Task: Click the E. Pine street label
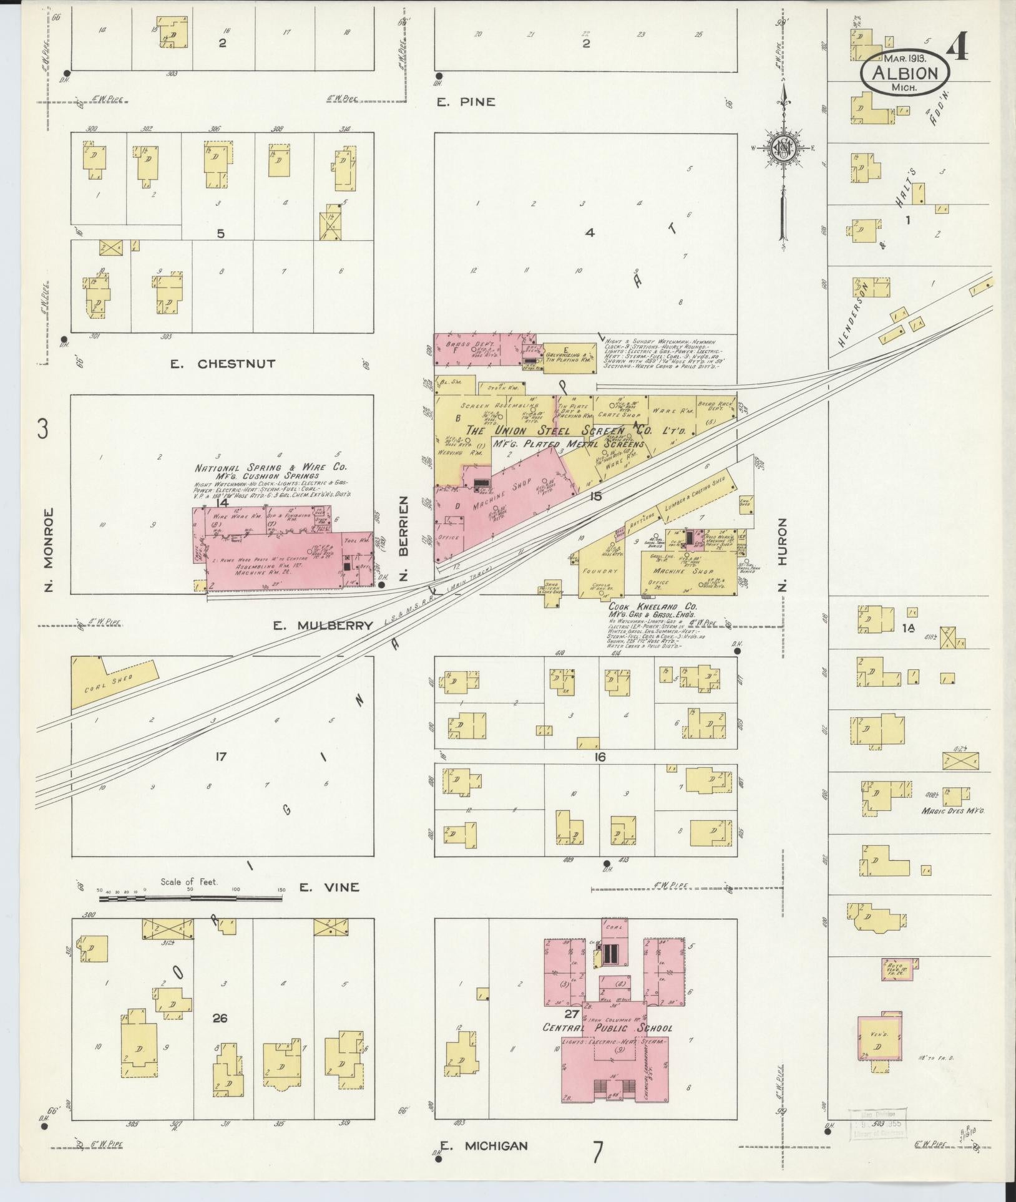coord(466,102)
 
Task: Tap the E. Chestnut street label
coord(223,364)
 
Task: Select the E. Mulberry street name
coord(323,626)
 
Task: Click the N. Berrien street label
coord(404,538)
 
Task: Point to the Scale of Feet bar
coord(190,899)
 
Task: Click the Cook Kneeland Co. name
coord(653,606)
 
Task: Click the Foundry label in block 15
coord(599,570)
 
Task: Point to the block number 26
coord(219,1019)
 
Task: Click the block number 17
coord(220,757)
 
